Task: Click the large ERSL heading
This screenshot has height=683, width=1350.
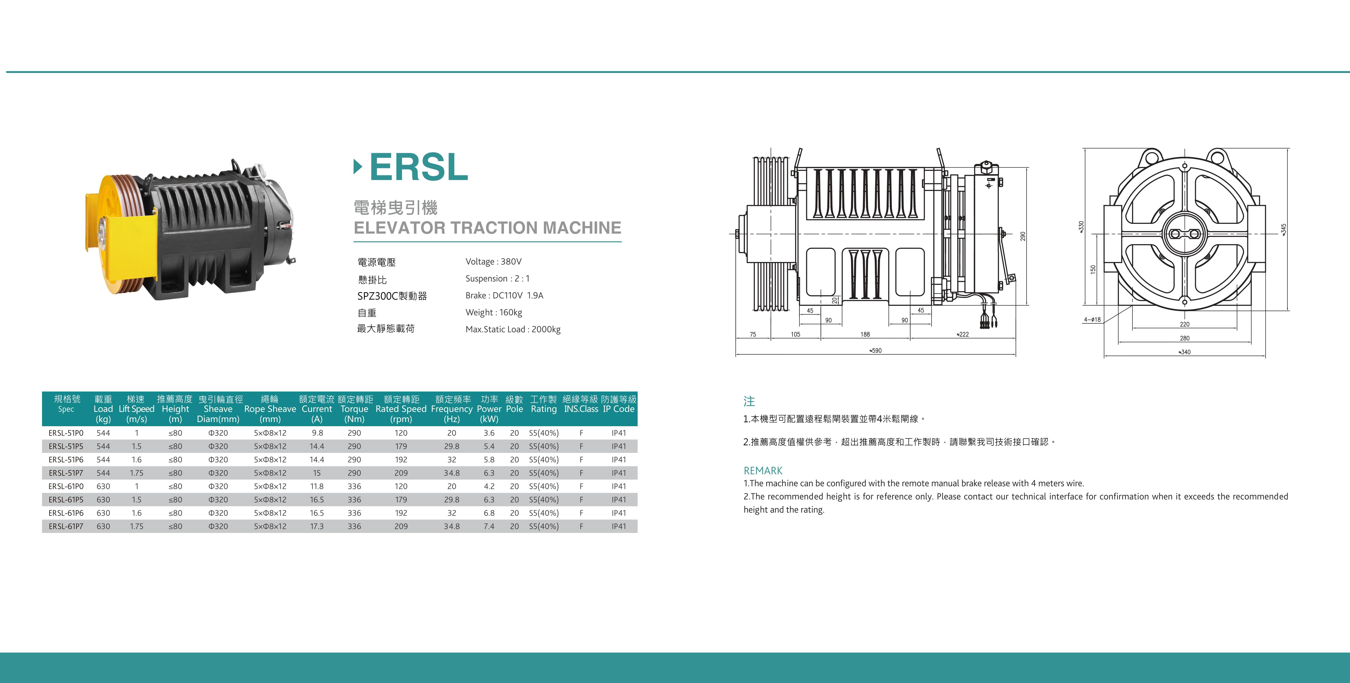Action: pyautogui.click(x=418, y=167)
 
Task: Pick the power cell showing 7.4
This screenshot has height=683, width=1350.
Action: pyautogui.click(x=489, y=526)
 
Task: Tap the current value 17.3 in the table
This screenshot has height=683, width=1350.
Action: pyautogui.click(x=316, y=526)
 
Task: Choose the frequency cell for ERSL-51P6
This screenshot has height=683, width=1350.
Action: pyautogui.click(x=452, y=460)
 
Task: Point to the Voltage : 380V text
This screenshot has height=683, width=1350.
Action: pyautogui.click(x=493, y=262)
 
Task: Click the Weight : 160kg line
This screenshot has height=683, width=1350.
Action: pyautogui.click(x=494, y=312)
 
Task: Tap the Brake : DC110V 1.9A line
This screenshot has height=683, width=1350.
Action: pyautogui.click(x=504, y=296)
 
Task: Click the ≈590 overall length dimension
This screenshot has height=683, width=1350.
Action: pyautogui.click(x=875, y=351)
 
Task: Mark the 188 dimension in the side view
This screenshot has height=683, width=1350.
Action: pyautogui.click(x=865, y=334)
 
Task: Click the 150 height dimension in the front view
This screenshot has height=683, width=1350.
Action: pyautogui.click(x=1093, y=269)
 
